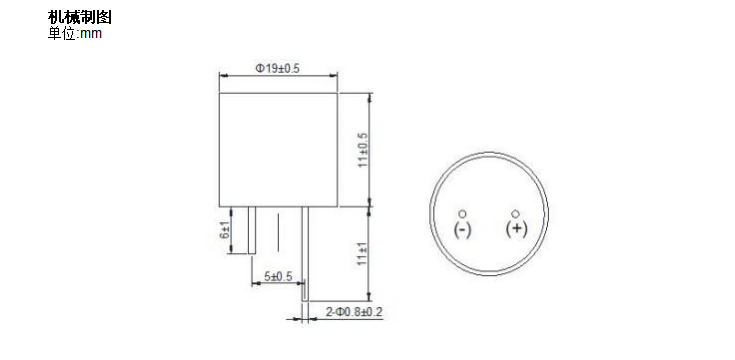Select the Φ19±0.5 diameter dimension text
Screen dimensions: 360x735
click(x=278, y=68)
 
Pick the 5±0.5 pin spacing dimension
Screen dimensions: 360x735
click(x=277, y=276)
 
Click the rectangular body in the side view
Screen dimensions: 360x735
click(x=279, y=150)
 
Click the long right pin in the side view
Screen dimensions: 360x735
click(x=305, y=250)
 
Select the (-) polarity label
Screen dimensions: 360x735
click(x=462, y=230)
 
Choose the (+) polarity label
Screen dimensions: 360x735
click(x=517, y=230)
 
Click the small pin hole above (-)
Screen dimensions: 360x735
click(x=462, y=213)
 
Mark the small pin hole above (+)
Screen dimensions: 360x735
click(x=516, y=213)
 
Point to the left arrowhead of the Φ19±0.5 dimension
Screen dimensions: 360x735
click(x=223, y=76)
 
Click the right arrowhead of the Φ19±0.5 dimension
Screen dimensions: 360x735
click(x=336, y=76)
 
